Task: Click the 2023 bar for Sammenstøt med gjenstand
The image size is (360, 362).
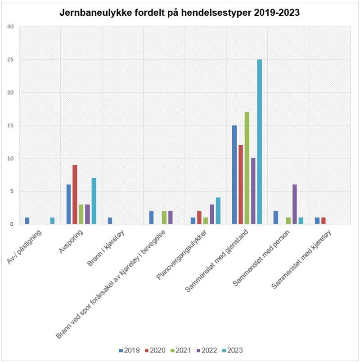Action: [x=259, y=142]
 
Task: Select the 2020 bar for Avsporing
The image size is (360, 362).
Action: [x=75, y=194]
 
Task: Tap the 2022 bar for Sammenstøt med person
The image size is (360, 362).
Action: [x=294, y=204]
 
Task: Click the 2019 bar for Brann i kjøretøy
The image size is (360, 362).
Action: [x=110, y=221]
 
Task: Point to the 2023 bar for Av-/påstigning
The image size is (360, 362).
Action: [x=52, y=221]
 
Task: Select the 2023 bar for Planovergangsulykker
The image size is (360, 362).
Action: [x=218, y=210]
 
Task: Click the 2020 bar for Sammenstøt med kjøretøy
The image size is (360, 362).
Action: [x=323, y=221]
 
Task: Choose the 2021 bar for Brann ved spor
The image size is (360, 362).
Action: [x=164, y=217]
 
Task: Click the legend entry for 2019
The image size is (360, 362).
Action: [x=128, y=350]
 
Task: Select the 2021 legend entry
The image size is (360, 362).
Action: [x=182, y=350]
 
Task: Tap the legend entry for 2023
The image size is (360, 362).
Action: [x=235, y=350]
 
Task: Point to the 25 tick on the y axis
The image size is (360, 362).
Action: [x=11, y=59]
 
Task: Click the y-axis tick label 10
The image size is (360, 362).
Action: [x=11, y=158]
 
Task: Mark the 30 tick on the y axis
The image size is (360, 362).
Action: [x=11, y=27]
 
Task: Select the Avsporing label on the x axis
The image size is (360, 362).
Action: [x=70, y=243]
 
